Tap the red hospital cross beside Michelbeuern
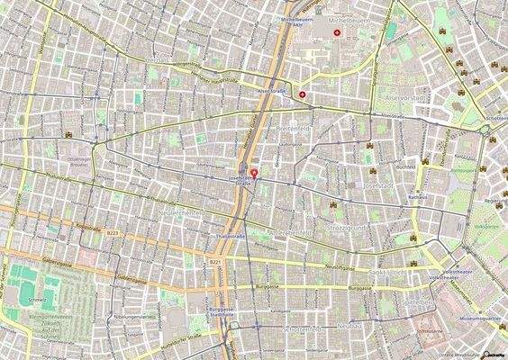pyautogui.click(x=338, y=32)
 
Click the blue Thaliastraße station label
pyautogui.click(x=231, y=236)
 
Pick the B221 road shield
pyautogui.click(x=215, y=261)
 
